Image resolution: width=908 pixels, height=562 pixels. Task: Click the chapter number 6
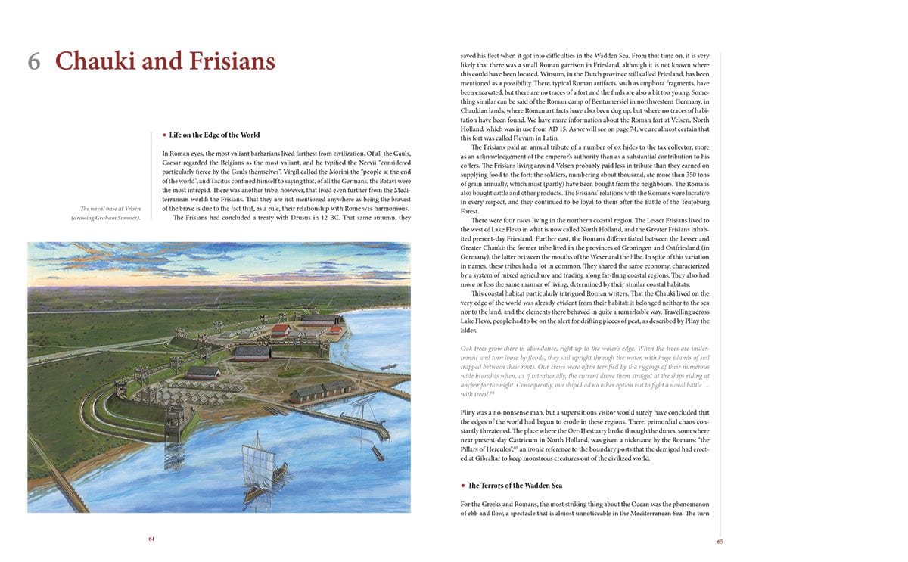coord(34,61)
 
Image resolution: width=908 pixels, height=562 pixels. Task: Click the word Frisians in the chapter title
coord(219,61)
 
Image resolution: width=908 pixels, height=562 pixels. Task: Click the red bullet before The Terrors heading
coord(462,485)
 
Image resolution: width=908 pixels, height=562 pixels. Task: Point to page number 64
coord(151,539)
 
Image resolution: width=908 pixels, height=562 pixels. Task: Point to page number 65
coord(720,541)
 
